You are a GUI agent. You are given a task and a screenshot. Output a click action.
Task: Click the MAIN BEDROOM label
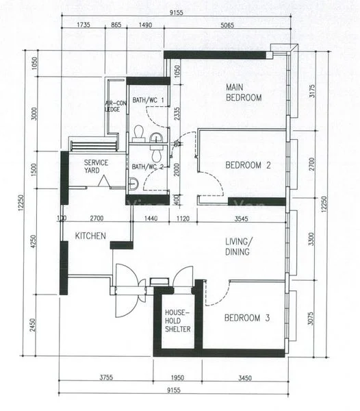pyautogui.click(x=244, y=92)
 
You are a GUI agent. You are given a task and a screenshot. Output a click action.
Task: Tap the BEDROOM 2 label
pyautogui.click(x=248, y=164)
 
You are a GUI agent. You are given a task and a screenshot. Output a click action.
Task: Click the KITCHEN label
pyautogui.click(x=90, y=236)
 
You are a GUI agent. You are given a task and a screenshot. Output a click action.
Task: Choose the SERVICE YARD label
pyautogui.click(x=97, y=166)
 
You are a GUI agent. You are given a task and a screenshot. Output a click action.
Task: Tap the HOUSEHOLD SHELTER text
pyautogui.click(x=177, y=321)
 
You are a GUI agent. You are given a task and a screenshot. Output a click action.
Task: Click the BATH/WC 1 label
pyautogui.click(x=148, y=101)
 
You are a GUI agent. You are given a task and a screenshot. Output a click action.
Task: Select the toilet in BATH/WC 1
pyautogui.click(x=139, y=132)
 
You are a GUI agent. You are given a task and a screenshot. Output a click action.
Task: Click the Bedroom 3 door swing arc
pyautogui.click(x=215, y=295)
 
